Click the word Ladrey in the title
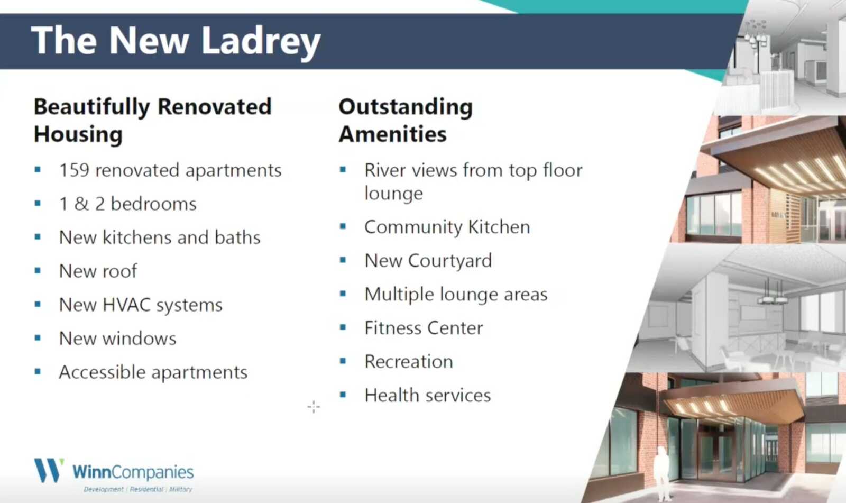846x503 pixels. [x=261, y=42]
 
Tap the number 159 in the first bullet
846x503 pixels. [x=75, y=170]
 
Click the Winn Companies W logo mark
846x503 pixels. [x=49, y=471]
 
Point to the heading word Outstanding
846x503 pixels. [x=406, y=107]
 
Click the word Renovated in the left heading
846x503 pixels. [x=215, y=106]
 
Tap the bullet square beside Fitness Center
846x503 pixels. [x=343, y=327]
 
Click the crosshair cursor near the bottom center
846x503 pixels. [x=314, y=407]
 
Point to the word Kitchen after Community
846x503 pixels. [x=499, y=227]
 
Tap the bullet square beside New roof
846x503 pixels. [x=38, y=271]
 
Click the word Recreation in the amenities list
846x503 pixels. [x=409, y=362]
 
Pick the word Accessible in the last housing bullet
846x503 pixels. [x=102, y=372]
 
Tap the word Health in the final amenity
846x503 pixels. [x=392, y=395]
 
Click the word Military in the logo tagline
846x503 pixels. [x=180, y=489]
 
